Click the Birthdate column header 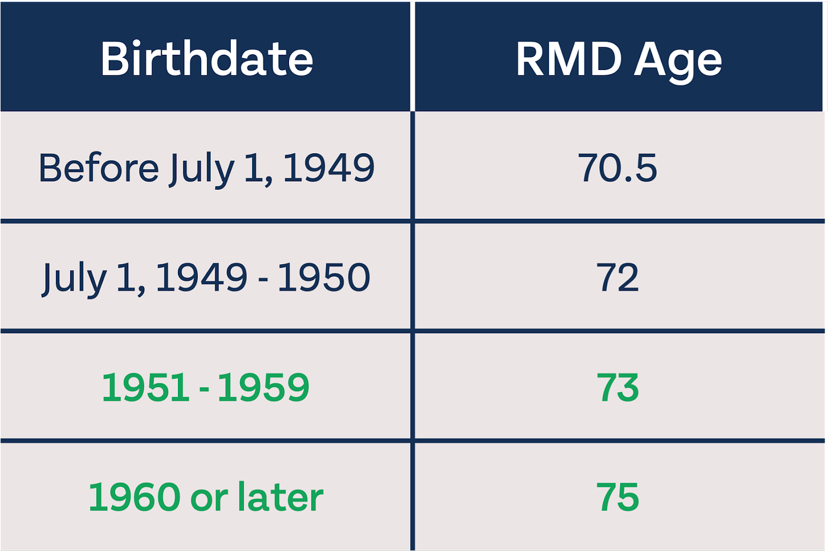coord(207,59)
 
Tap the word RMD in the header coord(569,59)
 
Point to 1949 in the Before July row coord(329,168)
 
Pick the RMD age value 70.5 coord(617,168)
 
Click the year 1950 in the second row coord(323,277)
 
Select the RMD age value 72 coord(618,277)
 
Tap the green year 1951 coord(145,387)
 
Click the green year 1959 coord(263,387)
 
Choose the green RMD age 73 coord(618,387)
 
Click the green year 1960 coord(135,497)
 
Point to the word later coord(280,497)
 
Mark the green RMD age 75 coord(618,497)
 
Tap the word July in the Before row coord(202,170)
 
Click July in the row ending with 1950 coord(74,280)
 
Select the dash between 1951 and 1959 coord(204,389)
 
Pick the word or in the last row coord(209,500)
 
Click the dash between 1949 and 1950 coord(263,279)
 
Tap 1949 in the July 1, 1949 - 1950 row coord(202,277)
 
